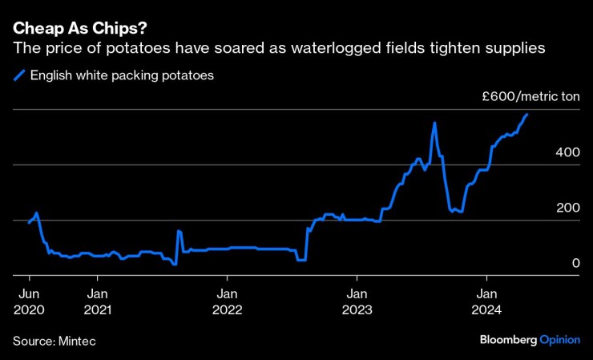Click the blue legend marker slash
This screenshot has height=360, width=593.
click(x=19, y=76)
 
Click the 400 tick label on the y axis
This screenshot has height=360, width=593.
click(x=566, y=152)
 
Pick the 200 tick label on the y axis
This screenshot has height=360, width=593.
click(x=566, y=208)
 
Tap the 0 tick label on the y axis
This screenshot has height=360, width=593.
click(x=575, y=263)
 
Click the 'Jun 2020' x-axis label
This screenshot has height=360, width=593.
click(x=29, y=301)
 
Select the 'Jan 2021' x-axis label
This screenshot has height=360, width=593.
click(x=97, y=301)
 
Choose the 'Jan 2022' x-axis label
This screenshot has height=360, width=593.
click(x=228, y=301)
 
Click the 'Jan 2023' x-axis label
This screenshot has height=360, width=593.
click(x=357, y=301)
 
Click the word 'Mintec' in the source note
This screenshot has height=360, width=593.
click(x=77, y=341)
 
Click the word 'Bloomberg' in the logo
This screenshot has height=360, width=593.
click(x=508, y=340)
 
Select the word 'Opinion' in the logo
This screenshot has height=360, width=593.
click(x=560, y=340)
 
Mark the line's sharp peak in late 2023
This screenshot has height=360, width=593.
click(x=434, y=123)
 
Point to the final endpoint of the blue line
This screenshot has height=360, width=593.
click(x=527, y=115)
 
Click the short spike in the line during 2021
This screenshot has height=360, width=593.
click(x=179, y=231)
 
